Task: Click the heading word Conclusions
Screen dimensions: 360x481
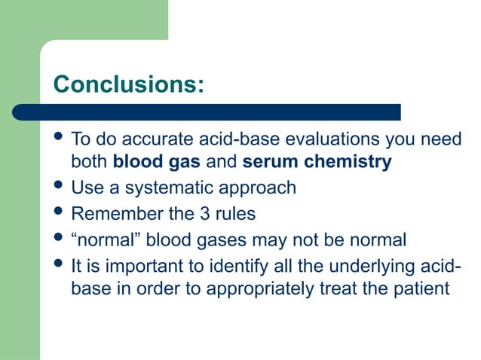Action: tap(127, 84)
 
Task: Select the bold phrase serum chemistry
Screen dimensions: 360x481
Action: tap(317, 162)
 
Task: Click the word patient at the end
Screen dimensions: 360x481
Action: tap(422, 288)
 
